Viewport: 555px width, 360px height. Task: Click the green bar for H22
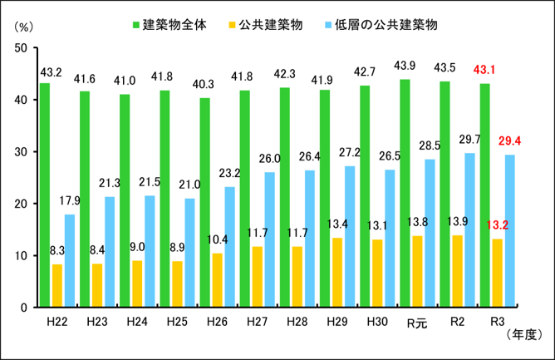pyautogui.click(x=45, y=195)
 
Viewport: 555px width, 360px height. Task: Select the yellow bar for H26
pyautogui.click(x=217, y=280)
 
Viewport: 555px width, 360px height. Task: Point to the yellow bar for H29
pyautogui.click(x=337, y=273)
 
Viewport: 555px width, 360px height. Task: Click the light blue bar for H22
pyautogui.click(x=70, y=261)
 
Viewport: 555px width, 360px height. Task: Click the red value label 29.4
pyautogui.click(x=511, y=141)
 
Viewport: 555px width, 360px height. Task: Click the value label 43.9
pyautogui.click(x=405, y=66)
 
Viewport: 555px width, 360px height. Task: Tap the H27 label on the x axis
pyautogui.click(x=257, y=319)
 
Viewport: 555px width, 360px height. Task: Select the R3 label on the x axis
pyautogui.click(x=497, y=319)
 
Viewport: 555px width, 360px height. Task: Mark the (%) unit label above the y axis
pyautogui.click(x=26, y=27)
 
